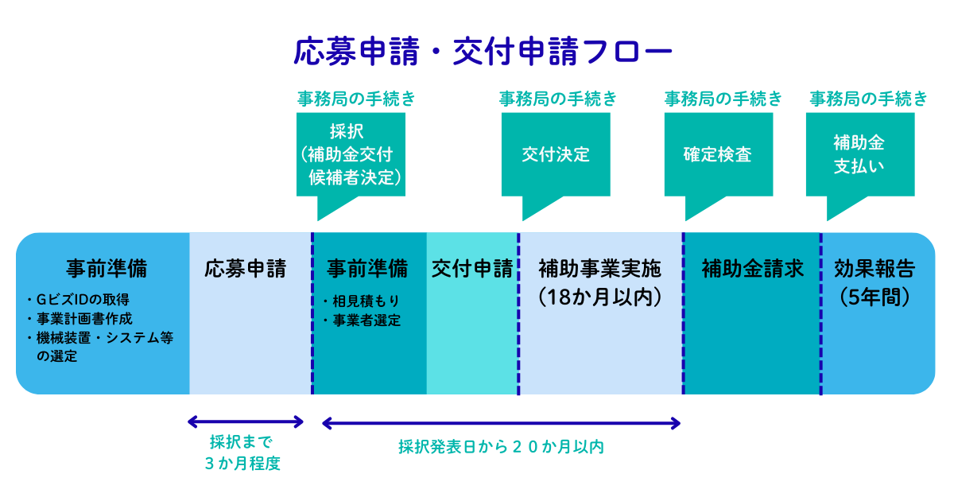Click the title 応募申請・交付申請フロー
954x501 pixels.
[x=483, y=52]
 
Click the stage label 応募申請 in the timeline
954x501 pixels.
[x=246, y=269]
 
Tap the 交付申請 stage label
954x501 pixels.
[x=472, y=269]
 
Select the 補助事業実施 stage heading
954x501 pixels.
[x=599, y=269]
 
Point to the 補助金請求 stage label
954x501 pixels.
[x=753, y=269]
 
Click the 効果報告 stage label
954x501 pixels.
[x=874, y=269]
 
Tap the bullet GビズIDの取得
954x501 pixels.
[x=78, y=300]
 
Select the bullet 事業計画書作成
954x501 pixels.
[x=79, y=319]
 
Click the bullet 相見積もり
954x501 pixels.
[x=361, y=301]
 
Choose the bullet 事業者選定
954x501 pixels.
[x=362, y=320]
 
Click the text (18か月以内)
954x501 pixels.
[x=599, y=297]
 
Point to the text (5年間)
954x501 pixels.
[x=874, y=297]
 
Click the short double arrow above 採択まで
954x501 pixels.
[x=246, y=421]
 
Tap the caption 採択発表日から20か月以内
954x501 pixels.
[x=502, y=447]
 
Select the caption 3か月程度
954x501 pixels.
[x=242, y=464]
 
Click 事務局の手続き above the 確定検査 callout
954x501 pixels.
[x=723, y=99]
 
